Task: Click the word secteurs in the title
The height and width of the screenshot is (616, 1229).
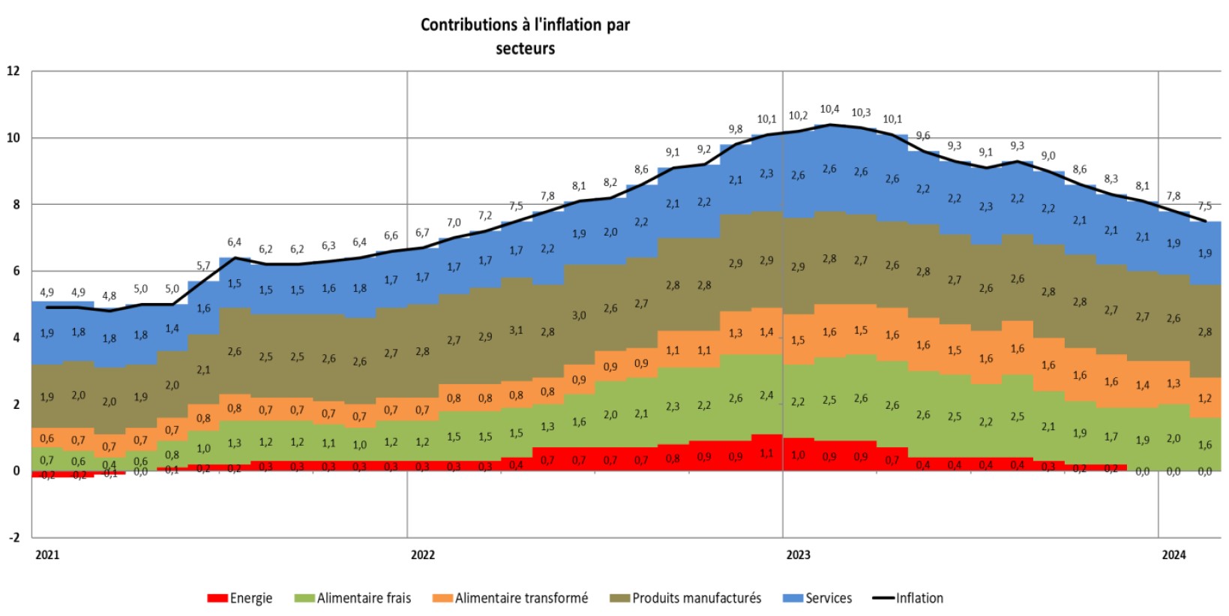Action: tap(525, 49)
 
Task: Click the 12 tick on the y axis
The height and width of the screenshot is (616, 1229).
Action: tap(13, 71)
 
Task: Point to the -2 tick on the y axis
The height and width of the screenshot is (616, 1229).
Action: tap(13, 537)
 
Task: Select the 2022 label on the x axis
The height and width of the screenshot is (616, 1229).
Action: tap(423, 555)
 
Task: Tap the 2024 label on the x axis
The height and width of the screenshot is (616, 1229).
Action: tap(1174, 555)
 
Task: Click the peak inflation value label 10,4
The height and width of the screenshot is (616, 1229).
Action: tap(829, 110)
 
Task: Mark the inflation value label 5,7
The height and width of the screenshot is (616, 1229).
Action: tap(203, 266)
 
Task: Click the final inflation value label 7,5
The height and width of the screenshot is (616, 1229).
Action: tap(1204, 206)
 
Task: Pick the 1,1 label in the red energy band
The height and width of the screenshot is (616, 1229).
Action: tap(766, 453)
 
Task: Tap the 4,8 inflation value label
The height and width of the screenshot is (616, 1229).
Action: tap(109, 296)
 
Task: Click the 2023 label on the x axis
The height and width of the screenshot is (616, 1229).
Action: tap(798, 555)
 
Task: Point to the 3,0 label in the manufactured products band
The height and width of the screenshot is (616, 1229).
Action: tap(579, 316)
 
